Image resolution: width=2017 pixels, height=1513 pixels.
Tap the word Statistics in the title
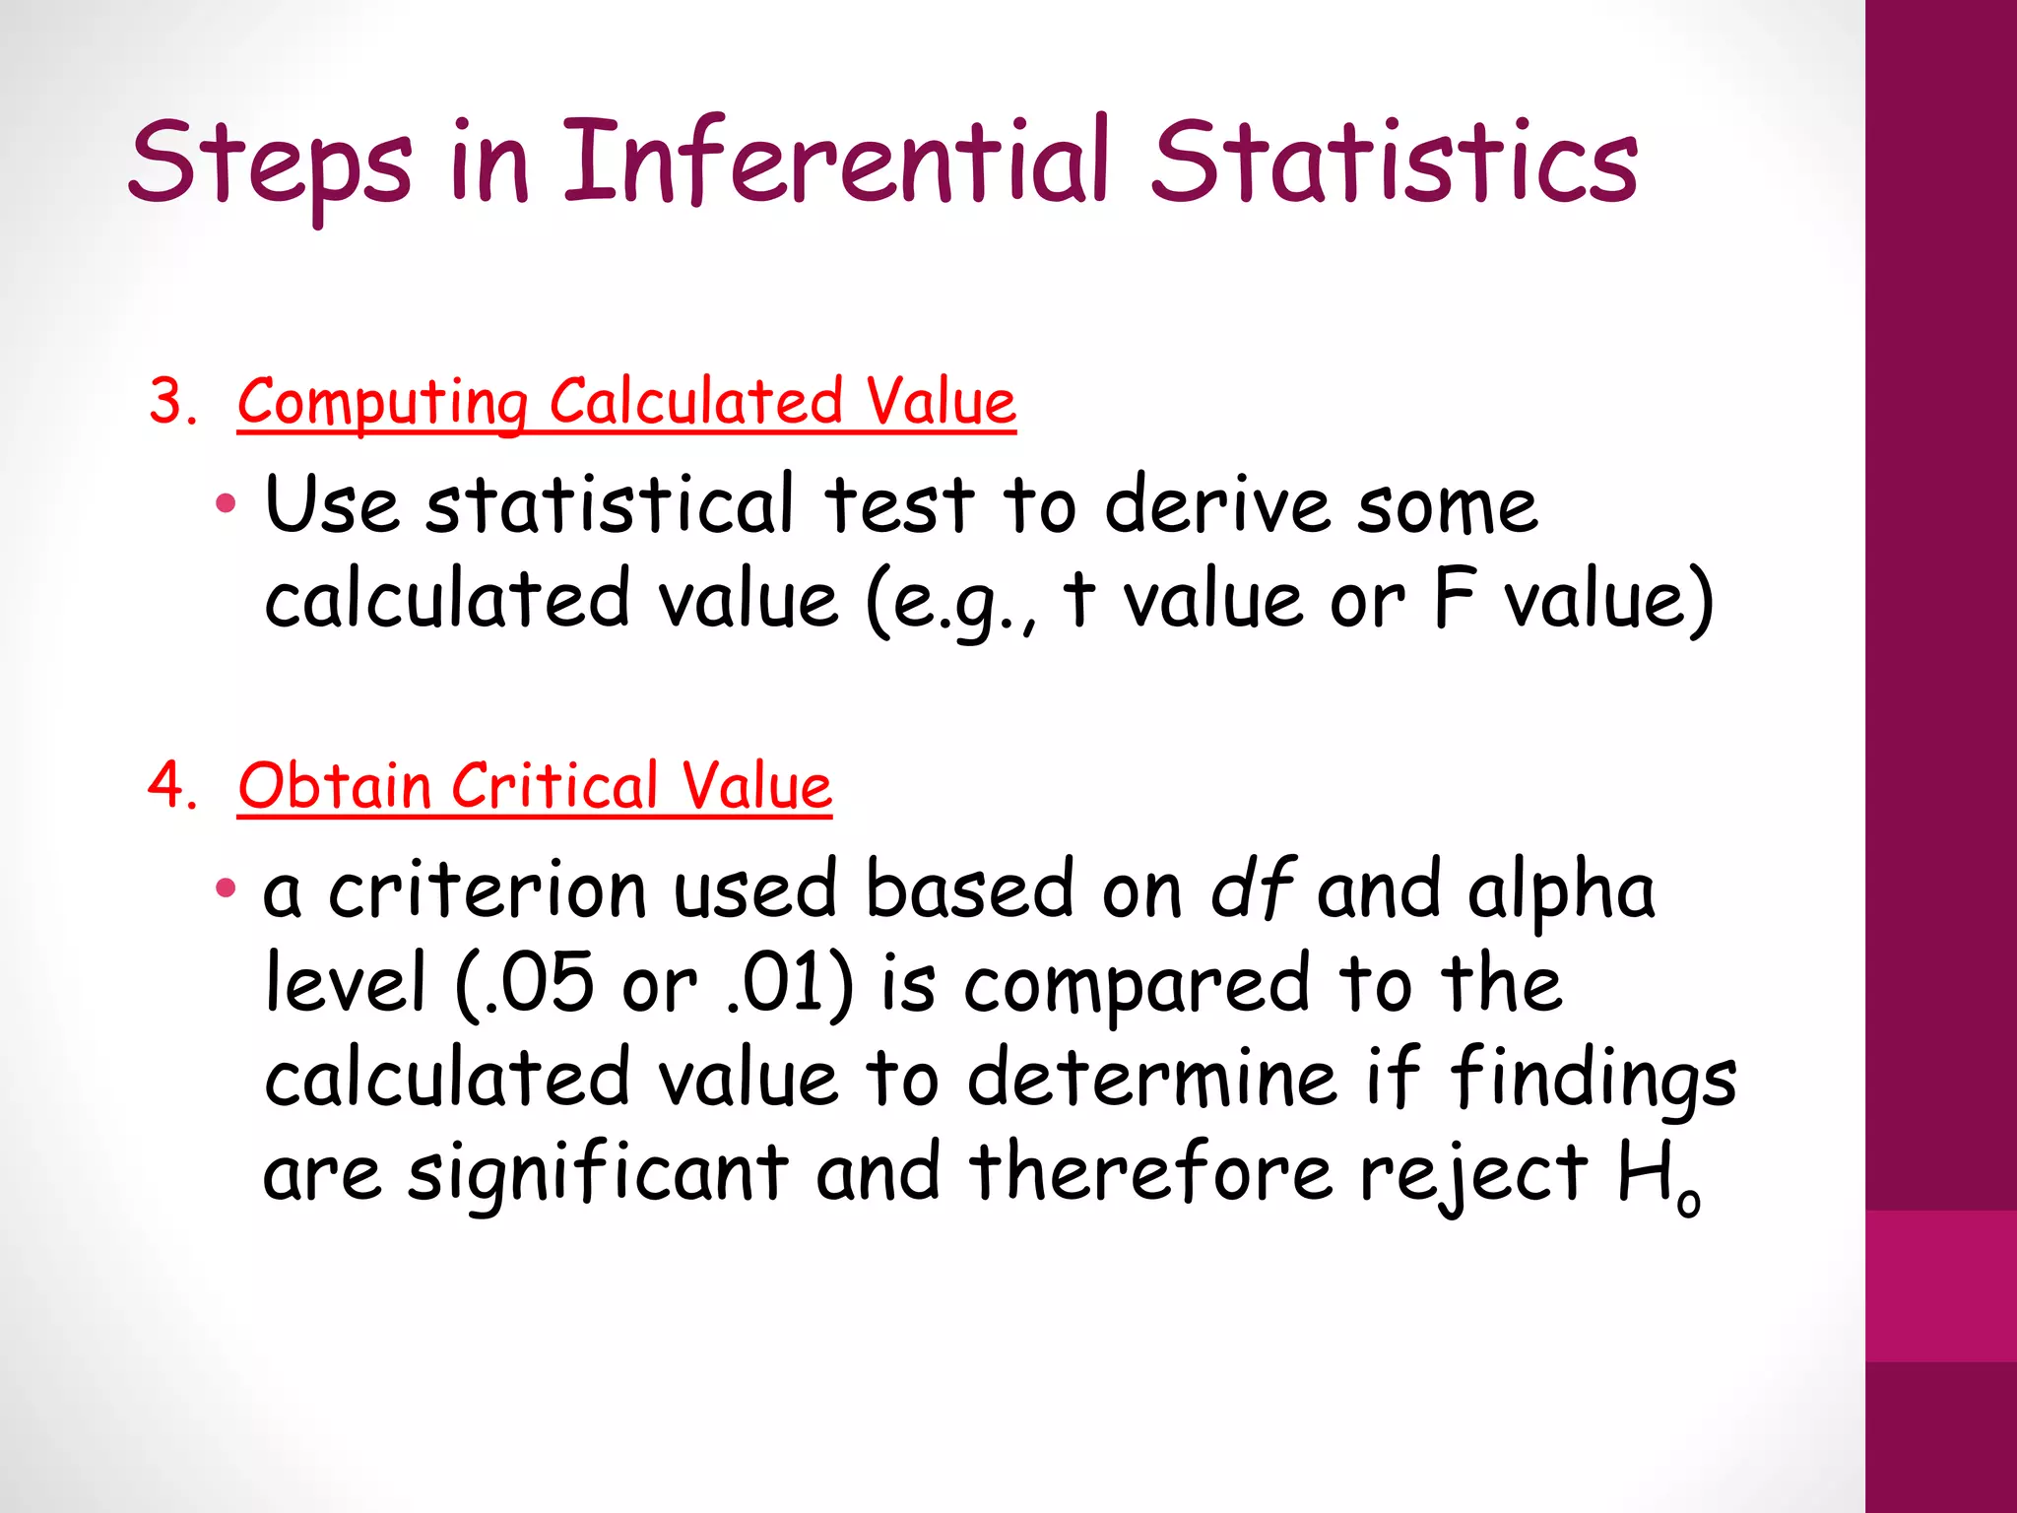tap(1395, 163)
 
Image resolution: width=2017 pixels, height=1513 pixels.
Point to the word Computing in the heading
tap(382, 404)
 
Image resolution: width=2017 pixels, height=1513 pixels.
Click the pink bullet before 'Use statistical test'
tap(226, 504)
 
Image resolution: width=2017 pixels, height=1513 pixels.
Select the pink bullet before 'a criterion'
tap(226, 889)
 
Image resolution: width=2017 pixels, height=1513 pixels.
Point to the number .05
tap(538, 983)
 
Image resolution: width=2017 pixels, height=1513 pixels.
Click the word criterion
tap(487, 889)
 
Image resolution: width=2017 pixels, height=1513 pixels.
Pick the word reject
tap(1473, 1174)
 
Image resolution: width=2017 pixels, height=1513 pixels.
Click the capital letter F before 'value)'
tap(1454, 598)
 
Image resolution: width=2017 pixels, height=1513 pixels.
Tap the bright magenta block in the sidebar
tap(1941, 1286)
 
